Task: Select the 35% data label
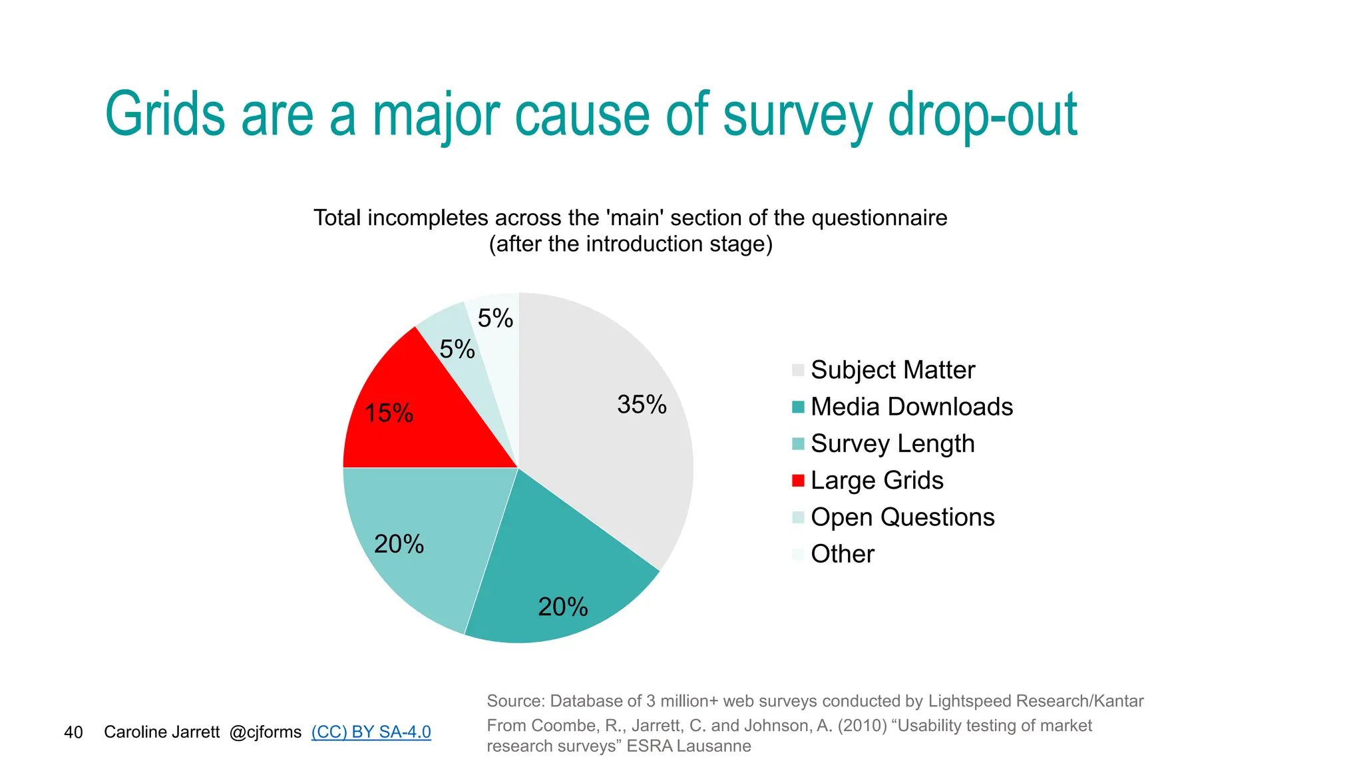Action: click(642, 405)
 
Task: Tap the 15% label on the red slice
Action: click(389, 413)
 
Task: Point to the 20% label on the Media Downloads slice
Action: click(562, 607)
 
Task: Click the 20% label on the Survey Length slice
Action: click(399, 545)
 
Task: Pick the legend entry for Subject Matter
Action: click(892, 370)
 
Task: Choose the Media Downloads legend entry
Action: click(911, 407)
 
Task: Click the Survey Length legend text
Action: click(892, 443)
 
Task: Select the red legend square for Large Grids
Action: click(798, 481)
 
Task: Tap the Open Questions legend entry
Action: click(902, 517)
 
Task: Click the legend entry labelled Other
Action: click(842, 554)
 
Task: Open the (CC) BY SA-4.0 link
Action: click(371, 732)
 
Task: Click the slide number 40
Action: click(73, 732)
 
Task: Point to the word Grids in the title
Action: click(165, 115)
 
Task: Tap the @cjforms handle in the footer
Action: click(265, 732)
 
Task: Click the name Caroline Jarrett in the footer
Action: click(162, 732)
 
